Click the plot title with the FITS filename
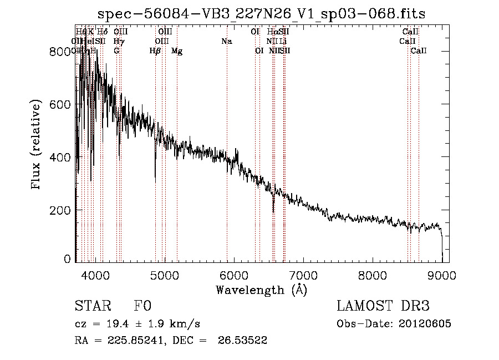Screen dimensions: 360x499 coord(261,14)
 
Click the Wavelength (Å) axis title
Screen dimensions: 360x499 coord(261,290)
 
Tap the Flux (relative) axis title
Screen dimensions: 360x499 coord(37,145)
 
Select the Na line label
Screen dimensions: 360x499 coord(226,42)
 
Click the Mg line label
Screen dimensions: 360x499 coord(177,51)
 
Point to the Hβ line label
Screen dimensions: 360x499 coord(155,51)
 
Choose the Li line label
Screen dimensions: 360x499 coord(283,42)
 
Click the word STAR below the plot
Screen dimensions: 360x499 coord(91,306)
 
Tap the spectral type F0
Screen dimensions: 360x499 coord(142,306)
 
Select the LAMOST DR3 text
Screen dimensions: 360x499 coord(383,306)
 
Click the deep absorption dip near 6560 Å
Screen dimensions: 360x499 coord(273,209)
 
